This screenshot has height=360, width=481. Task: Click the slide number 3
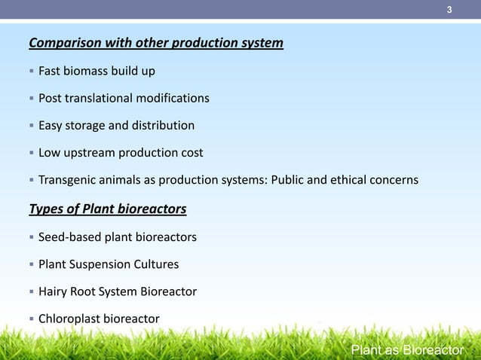click(449, 10)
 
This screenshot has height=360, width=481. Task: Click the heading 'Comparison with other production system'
click(156, 43)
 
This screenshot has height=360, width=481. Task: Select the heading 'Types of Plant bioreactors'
click(107, 209)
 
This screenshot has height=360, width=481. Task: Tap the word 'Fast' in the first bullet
click(51, 72)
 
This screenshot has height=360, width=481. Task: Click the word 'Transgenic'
click(69, 181)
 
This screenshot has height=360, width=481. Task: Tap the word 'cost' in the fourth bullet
click(191, 153)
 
